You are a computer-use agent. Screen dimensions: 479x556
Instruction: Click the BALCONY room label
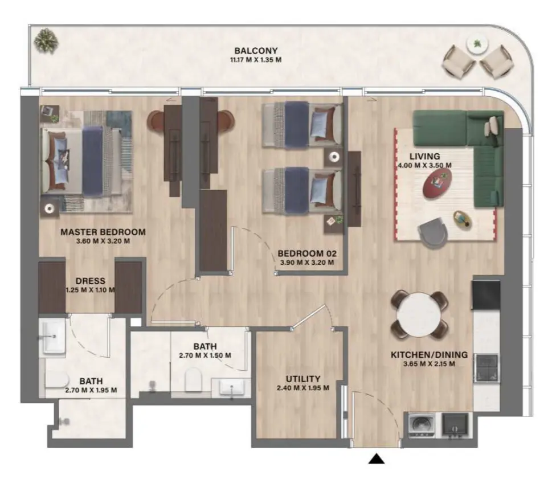[x=252, y=51]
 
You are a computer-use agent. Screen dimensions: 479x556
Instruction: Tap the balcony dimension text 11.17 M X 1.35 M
[x=252, y=59]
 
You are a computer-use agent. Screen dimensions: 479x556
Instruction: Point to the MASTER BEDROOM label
[x=103, y=232]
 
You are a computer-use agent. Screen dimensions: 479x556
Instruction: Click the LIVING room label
[x=424, y=156]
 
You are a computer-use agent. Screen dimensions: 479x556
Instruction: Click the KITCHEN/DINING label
[x=429, y=355]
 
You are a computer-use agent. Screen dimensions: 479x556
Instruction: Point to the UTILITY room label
[x=302, y=379]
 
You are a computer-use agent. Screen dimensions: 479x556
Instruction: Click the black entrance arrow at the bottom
[x=376, y=458]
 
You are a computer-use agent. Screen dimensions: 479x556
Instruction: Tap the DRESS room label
[x=90, y=280]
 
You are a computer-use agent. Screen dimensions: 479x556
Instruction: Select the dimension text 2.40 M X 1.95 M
[x=303, y=388]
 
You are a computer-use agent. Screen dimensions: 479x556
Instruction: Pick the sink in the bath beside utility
[x=231, y=389]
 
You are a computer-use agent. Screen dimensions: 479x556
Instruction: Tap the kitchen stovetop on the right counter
[x=486, y=366]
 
